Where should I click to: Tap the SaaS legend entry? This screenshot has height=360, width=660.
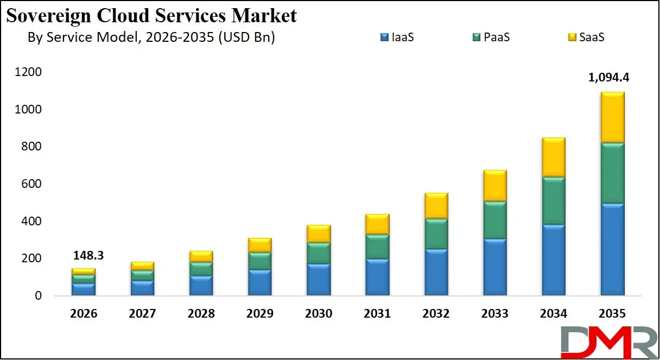[585, 37]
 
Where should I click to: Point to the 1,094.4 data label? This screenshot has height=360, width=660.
[608, 78]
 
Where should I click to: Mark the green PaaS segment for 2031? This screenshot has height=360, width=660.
[377, 247]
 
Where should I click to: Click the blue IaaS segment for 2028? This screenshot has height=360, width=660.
[201, 286]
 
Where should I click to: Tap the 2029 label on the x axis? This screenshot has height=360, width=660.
[259, 314]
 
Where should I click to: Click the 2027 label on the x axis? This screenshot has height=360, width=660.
[142, 314]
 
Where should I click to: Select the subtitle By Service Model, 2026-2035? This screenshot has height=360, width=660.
[151, 37]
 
